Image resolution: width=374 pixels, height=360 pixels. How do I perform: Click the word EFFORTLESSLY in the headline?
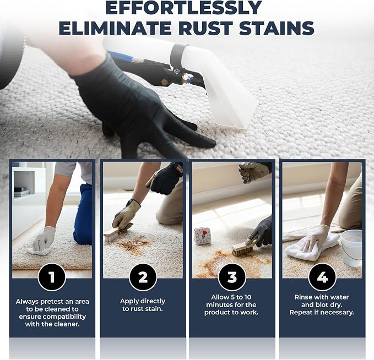point(183,8)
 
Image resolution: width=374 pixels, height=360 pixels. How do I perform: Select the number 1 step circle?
point(52,277)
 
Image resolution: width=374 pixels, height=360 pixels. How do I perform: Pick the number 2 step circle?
point(143,277)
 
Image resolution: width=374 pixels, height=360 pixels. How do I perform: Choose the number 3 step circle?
point(232,277)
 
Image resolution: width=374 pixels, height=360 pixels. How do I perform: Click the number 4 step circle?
point(322,277)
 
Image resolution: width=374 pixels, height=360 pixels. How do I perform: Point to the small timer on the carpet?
point(202,236)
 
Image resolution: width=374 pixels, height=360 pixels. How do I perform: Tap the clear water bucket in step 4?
point(351,248)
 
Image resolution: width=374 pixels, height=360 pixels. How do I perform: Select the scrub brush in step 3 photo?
point(243,249)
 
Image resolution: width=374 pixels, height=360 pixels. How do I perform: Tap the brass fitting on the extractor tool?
point(186,78)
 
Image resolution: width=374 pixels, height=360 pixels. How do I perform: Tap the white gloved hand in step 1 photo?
point(44,239)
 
